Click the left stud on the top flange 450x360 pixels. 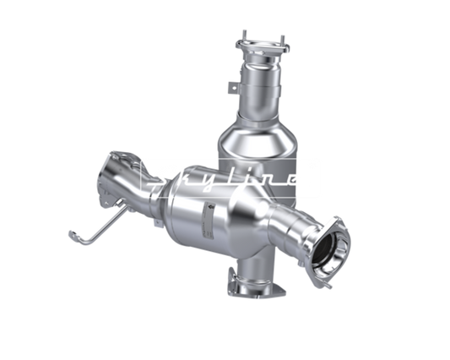point(244,35)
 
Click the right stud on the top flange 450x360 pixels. point(282,41)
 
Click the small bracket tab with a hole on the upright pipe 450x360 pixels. point(233,87)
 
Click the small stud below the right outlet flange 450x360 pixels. point(328,285)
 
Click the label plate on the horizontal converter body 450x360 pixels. point(209,221)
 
